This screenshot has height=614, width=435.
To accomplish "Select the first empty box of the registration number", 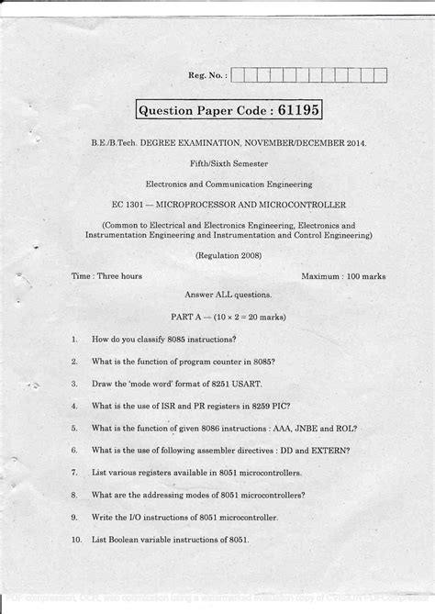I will (x=239, y=76).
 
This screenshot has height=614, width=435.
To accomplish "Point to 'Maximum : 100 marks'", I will (x=343, y=275).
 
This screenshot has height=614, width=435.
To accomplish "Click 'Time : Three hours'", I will (x=106, y=275).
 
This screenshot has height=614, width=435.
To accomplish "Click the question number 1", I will (x=73, y=339).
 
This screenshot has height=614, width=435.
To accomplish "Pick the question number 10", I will (x=76, y=540).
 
